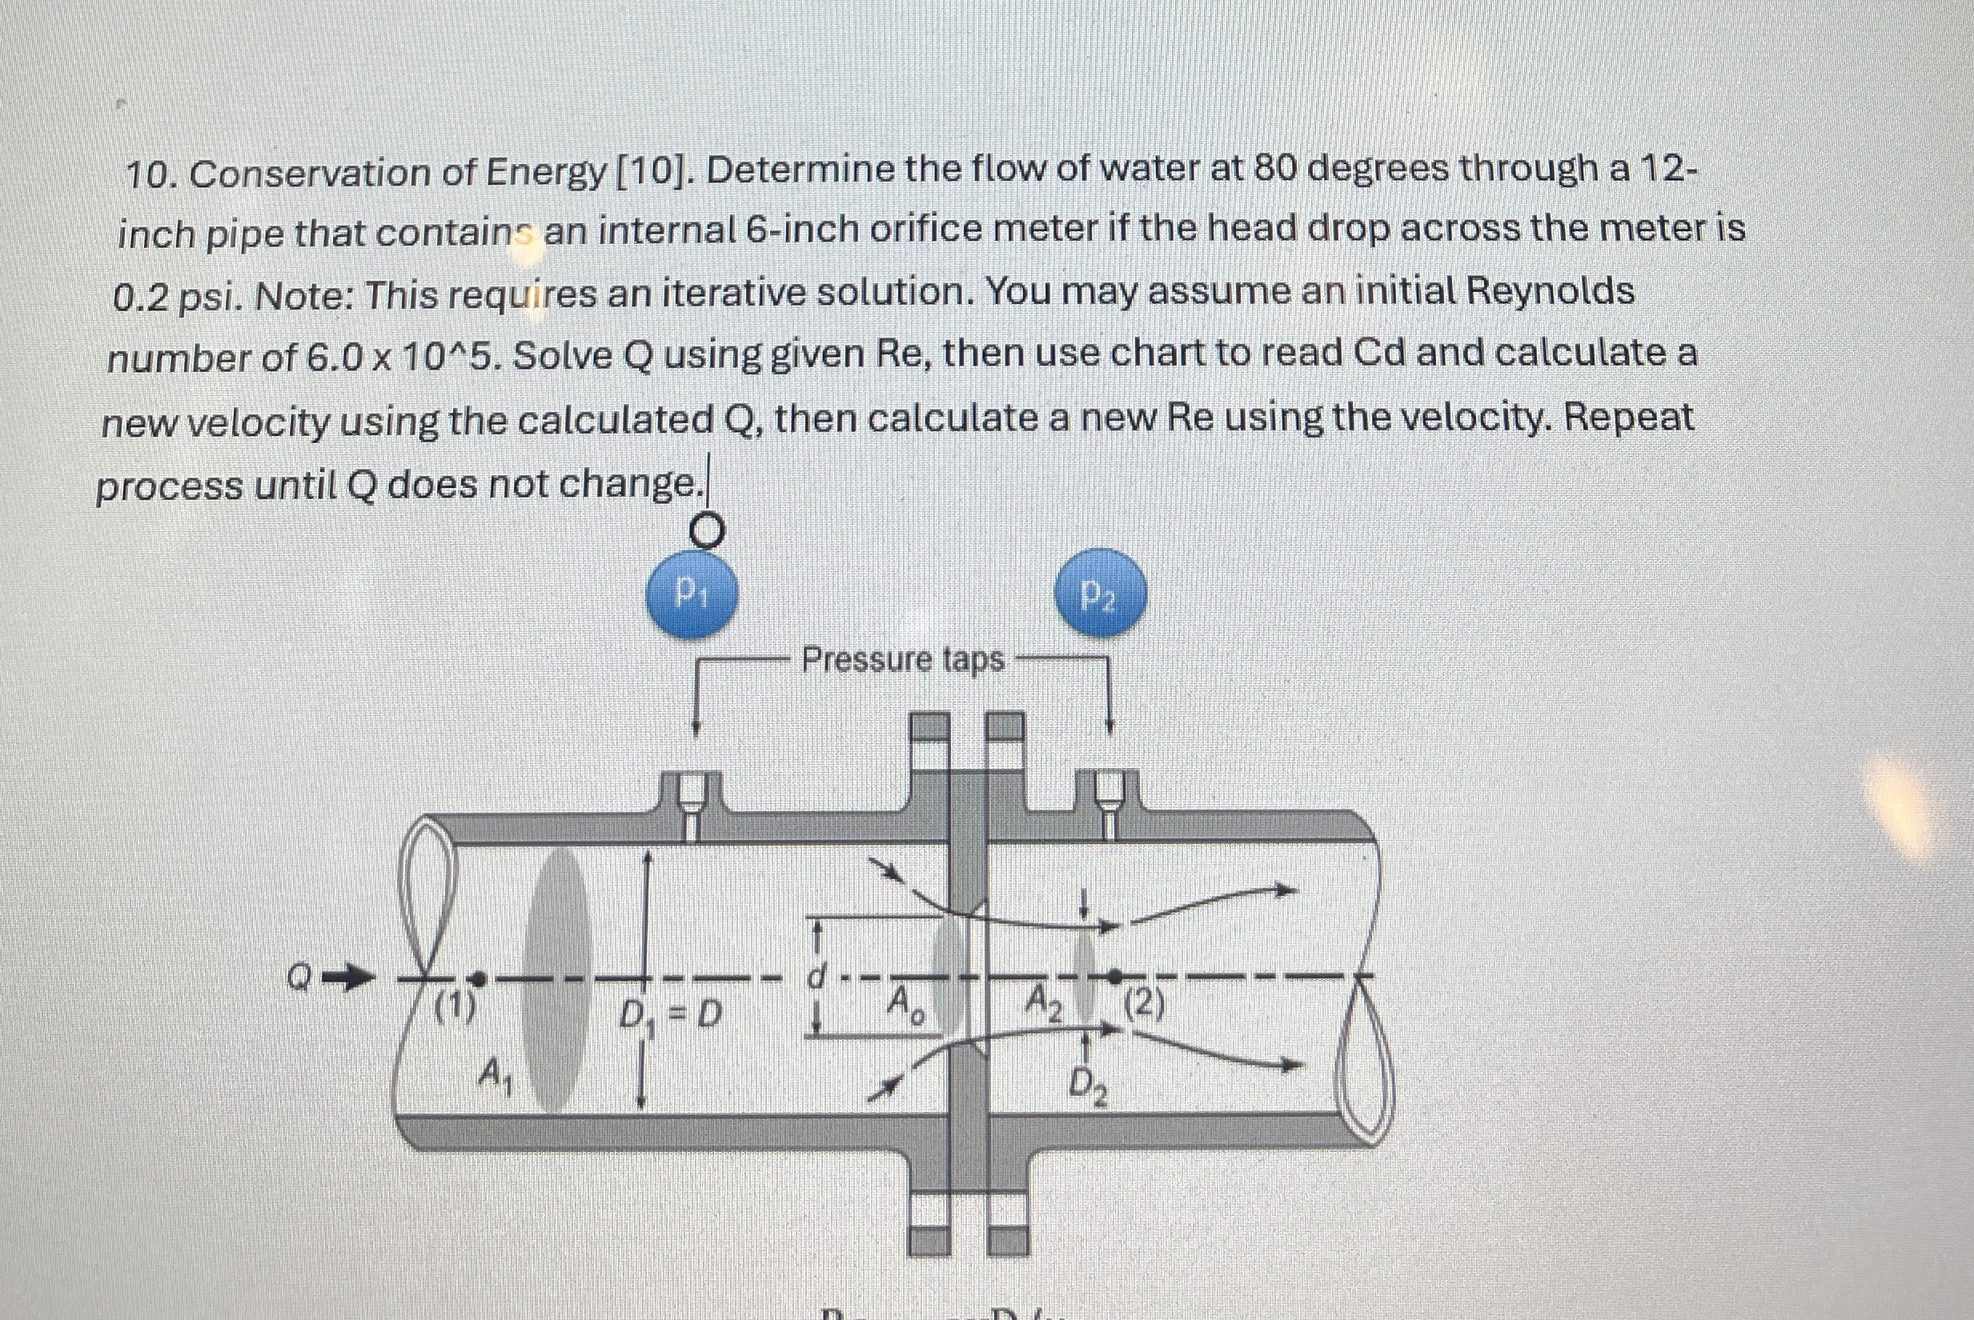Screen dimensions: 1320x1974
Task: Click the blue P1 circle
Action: (692, 594)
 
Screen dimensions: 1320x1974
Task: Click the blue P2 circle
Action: (1101, 594)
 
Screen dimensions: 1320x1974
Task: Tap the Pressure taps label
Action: (903, 659)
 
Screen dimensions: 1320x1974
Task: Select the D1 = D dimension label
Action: (670, 1015)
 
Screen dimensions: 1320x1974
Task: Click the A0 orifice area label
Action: (906, 1004)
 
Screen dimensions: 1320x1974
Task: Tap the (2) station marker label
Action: (1145, 1004)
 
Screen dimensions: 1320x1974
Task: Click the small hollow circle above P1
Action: (707, 530)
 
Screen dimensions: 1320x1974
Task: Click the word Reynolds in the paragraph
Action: (1550, 291)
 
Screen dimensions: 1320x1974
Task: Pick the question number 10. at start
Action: (151, 175)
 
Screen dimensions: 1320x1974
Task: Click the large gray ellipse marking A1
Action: (556, 980)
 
